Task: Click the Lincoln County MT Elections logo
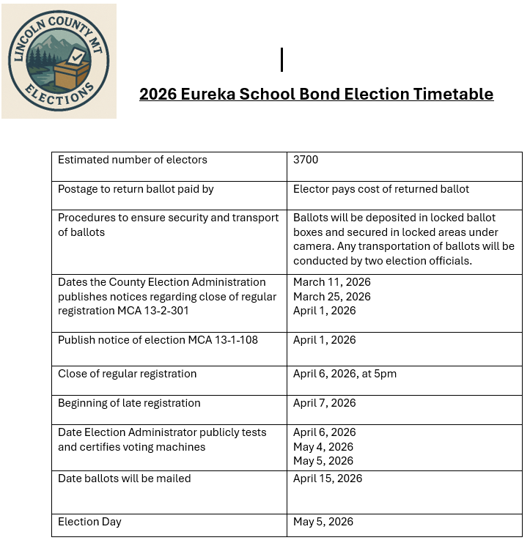pos(59,62)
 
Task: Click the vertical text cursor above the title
pos(281,59)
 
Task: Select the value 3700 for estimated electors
pos(306,159)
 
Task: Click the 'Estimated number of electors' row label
pos(133,159)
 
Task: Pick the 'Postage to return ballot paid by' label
pos(136,189)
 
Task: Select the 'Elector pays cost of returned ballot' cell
pos(381,189)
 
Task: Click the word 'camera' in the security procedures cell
pos(313,246)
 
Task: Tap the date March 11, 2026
pos(332,282)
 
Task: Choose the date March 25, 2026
pos(332,297)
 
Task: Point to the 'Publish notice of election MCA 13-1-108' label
pos(158,340)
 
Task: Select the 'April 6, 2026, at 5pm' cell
pos(345,374)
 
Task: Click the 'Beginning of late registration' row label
pos(129,403)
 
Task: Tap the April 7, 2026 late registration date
pos(325,403)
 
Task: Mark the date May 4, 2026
pos(323,446)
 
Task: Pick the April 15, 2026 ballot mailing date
pos(328,479)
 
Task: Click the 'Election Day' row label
pos(89,522)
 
